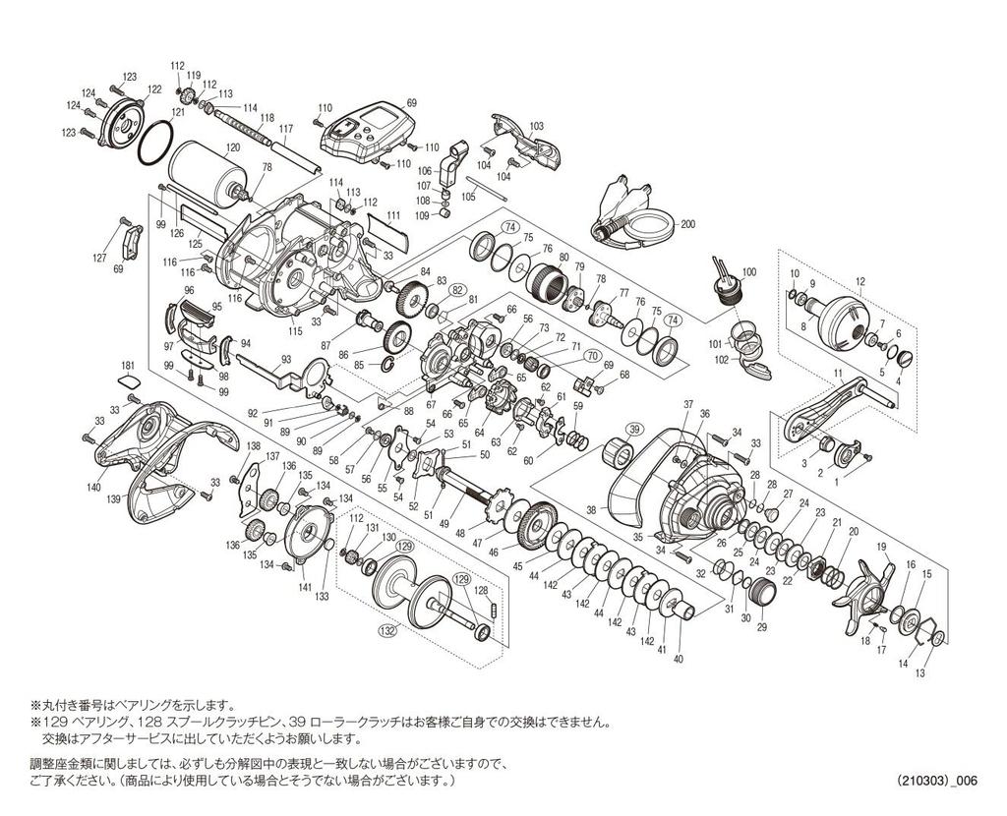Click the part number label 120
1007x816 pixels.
233,147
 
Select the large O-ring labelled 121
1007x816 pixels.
155,144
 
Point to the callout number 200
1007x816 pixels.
687,225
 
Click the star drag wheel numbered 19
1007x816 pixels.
863,597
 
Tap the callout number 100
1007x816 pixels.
748,272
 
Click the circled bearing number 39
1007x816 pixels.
633,429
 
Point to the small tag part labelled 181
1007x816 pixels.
129,382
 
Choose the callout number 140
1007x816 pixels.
94,488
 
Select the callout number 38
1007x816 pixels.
591,510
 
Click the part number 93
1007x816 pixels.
286,359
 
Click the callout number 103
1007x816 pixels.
536,127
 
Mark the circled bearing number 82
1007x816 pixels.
456,290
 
